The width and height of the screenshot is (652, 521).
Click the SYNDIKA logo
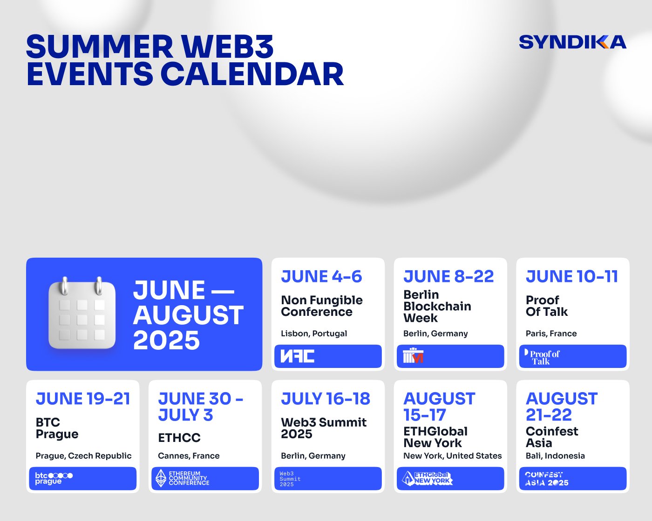(x=572, y=42)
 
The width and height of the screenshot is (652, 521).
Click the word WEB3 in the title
(x=227, y=47)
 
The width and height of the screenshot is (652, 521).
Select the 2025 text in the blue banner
(x=166, y=341)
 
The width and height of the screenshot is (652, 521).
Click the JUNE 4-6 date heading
(x=321, y=277)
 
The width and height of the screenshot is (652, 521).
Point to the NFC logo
(x=297, y=356)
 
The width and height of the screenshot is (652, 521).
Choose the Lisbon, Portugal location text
(x=314, y=334)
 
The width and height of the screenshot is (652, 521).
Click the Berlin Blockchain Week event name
(x=437, y=306)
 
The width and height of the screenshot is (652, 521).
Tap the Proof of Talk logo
(x=542, y=357)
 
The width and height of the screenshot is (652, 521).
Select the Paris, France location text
(x=551, y=334)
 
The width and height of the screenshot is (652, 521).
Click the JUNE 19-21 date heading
(x=83, y=399)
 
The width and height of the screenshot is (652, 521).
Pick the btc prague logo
(x=54, y=478)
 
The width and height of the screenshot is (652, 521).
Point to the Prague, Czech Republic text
(x=83, y=456)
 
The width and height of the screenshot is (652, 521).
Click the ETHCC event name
(x=179, y=438)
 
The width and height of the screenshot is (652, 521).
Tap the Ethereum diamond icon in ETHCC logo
(x=161, y=478)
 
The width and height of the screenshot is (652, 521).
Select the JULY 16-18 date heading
(x=326, y=399)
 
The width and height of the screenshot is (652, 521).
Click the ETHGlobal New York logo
(x=427, y=478)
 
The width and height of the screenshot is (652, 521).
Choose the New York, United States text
(x=452, y=456)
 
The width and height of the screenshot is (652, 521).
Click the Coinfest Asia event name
(x=551, y=437)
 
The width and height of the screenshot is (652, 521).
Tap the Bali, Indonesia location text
(x=555, y=456)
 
